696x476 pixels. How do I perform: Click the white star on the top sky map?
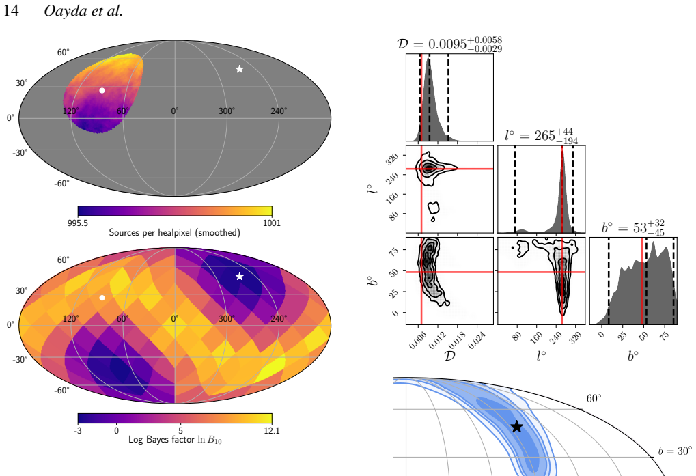click(239, 69)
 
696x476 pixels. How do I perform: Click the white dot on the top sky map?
click(102, 91)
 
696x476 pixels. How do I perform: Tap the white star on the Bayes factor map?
click(239, 277)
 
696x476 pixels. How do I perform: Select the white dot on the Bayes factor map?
click(102, 298)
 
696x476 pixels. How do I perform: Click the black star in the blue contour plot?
click(516, 427)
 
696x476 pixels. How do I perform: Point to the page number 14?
click(11, 11)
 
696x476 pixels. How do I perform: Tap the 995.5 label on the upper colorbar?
click(78, 223)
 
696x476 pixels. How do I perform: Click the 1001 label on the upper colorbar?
click(272, 223)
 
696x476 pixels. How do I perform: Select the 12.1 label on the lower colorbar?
click(272, 430)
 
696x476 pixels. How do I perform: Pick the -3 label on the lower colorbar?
click(78, 430)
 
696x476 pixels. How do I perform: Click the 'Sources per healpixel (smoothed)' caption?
click(174, 232)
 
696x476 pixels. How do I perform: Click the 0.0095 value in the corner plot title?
click(447, 44)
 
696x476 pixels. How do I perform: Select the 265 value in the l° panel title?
click(544, 136)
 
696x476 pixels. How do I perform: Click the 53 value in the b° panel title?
click(639, 228)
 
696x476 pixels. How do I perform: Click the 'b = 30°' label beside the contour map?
click(675, 451)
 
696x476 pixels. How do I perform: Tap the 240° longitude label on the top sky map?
click(279, 111)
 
